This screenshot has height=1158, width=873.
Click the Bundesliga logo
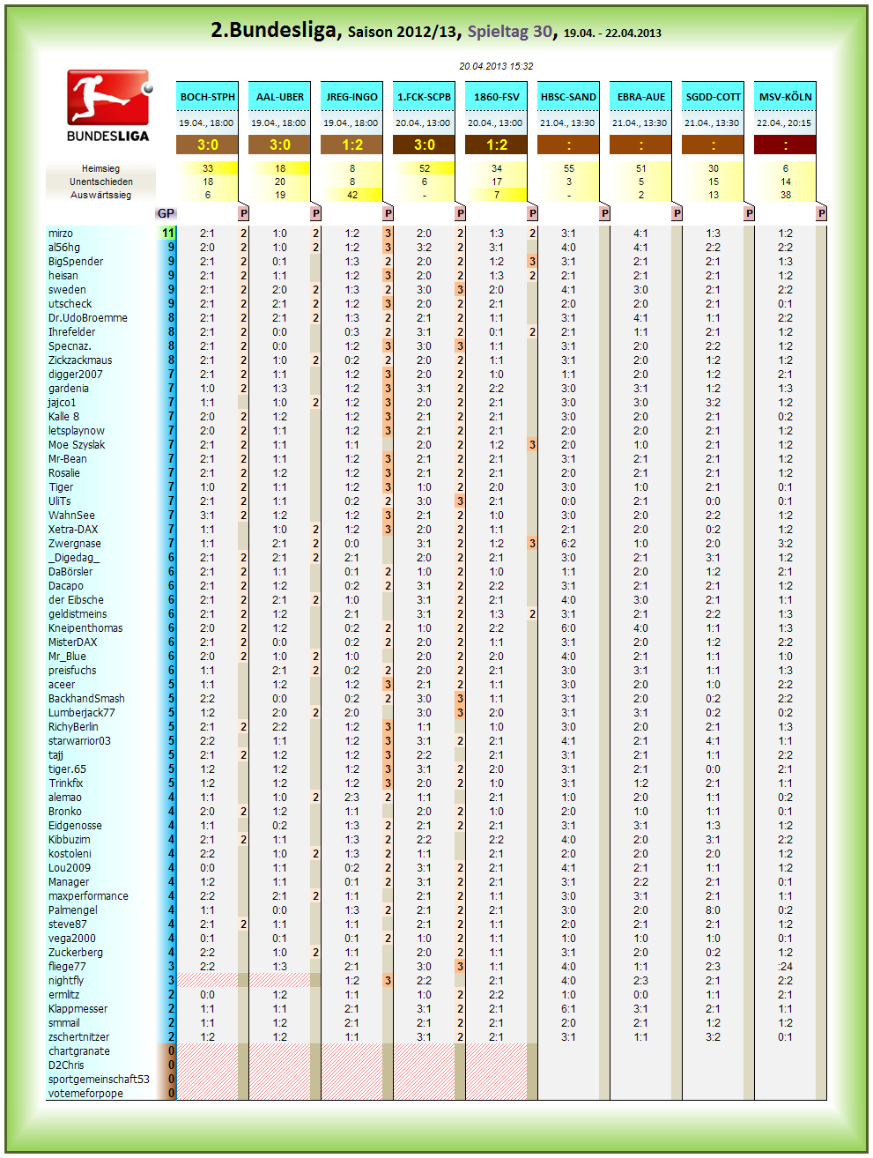(x=108, y=106)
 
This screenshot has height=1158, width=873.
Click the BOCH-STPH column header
(x=207, y=97)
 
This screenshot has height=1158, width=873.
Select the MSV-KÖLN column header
(x=785, y=97)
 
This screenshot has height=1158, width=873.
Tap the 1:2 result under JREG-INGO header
(x=351, y=145)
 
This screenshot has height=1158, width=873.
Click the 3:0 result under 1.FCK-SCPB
(x=424, y=145)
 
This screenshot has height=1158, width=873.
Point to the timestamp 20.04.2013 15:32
(x=496, y=66)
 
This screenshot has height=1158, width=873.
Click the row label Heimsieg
(x=100, y=168)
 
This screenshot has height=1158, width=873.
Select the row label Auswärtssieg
(x=100, y=195)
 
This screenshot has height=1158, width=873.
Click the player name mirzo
(x=61, y=234)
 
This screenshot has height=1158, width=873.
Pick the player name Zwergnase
(x=74, y=544)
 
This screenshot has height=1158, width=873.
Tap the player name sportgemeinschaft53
(x=99, y=1079)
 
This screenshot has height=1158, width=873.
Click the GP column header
(x=166, y=213)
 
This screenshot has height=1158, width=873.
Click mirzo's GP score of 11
(x=167, y=234)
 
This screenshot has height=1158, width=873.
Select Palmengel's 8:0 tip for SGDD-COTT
(x=713, y=910)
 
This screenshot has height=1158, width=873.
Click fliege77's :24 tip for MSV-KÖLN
(x=785, y=967)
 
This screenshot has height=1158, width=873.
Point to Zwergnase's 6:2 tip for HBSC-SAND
(x=568, y=544)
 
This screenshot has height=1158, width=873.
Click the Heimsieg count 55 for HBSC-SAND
(x=568, y=168)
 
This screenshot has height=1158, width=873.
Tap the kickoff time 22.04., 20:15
(x=785, y=122)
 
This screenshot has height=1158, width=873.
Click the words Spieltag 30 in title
(x=510, y=33)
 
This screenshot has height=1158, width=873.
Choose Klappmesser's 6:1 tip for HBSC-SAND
(x=568, y=1009)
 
